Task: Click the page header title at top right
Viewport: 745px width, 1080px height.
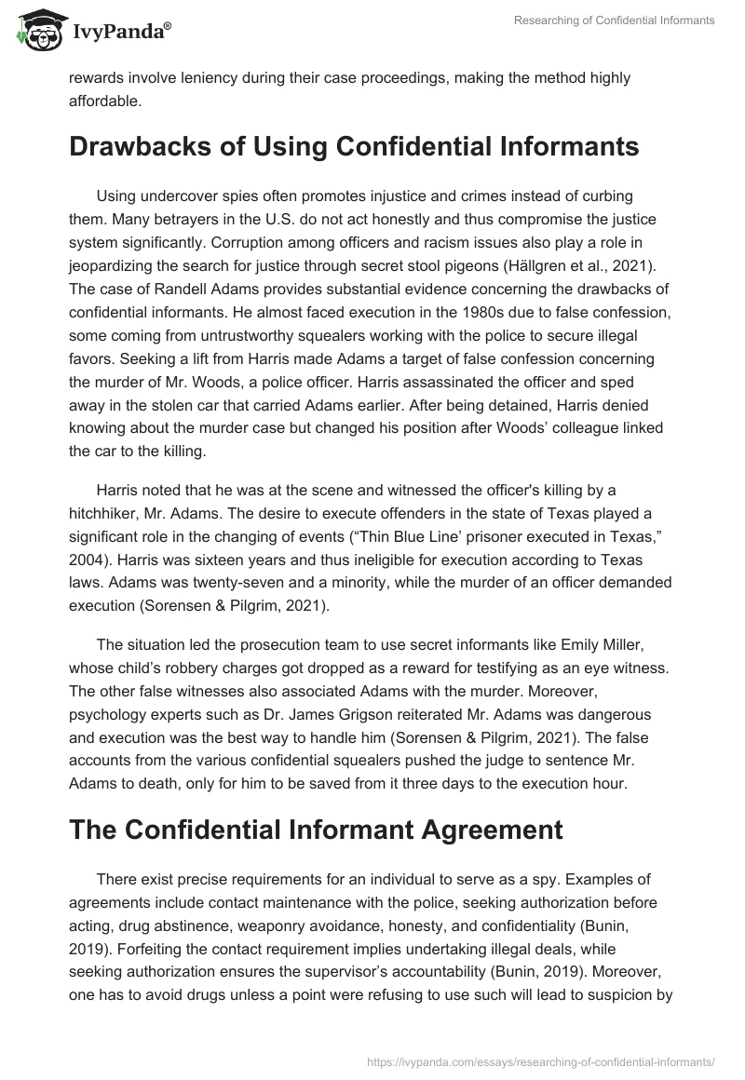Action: click(x=614, y=20)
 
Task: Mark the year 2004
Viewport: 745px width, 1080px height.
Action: click(x=90, y=542)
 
